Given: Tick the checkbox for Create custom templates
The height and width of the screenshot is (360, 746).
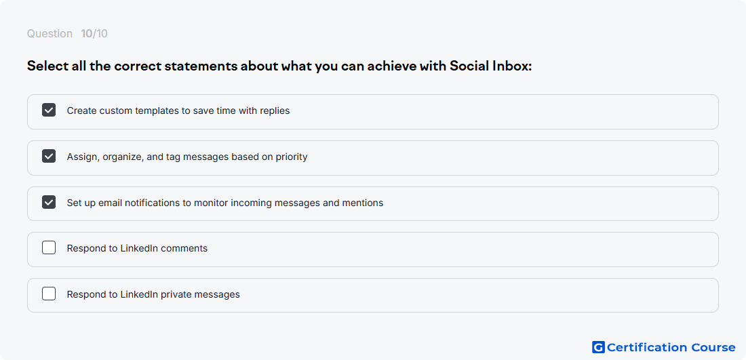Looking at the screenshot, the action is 49,111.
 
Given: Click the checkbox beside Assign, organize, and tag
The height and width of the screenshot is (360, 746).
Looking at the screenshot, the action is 49,156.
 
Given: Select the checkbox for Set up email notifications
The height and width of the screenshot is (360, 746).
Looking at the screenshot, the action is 49,202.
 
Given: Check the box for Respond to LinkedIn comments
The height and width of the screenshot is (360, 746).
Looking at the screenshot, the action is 49,247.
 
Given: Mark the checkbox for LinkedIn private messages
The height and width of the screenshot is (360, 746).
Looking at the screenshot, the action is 49,294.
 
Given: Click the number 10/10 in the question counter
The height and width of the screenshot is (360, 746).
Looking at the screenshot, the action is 94,34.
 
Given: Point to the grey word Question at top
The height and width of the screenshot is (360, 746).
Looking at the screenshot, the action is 50,34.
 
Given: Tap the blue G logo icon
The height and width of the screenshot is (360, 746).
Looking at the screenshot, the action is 598,348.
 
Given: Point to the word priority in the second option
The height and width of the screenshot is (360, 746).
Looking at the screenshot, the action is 292,157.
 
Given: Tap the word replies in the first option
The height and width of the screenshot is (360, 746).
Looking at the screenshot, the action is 275,111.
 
